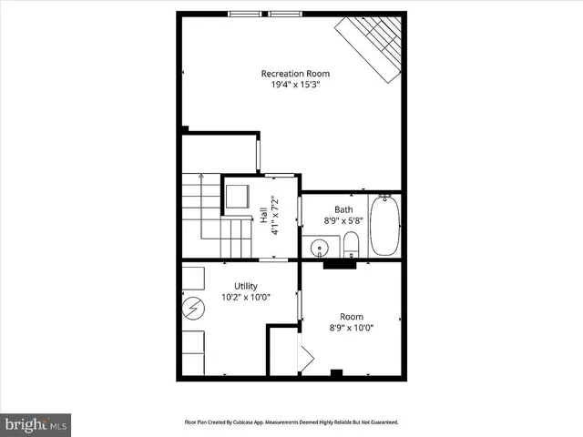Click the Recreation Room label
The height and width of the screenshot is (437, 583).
click(295, 73)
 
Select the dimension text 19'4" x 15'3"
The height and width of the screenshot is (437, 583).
click(295, 85)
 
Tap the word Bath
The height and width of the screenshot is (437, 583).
click(343, 208)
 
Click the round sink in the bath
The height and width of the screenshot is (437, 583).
click(319, 247)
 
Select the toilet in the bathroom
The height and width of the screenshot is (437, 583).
click(351, 245)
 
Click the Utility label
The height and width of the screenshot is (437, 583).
click(246, 285)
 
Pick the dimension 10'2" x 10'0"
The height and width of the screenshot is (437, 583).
click(246, 297)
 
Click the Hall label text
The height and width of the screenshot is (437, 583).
click(264, 215)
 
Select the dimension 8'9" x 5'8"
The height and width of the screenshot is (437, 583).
click(343, 220)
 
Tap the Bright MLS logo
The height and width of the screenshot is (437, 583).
click(36, 424)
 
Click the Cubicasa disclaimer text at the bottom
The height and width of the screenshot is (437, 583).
click(291, 422)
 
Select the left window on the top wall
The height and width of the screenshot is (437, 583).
click(243, 14)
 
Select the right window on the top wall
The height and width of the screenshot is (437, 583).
click(284, 14)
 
